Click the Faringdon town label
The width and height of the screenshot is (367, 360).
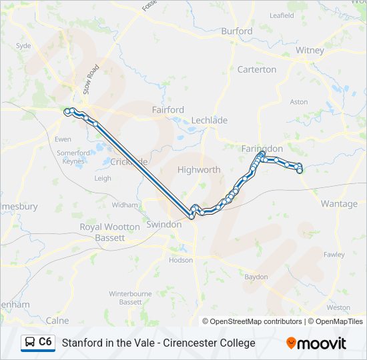click(262, 148)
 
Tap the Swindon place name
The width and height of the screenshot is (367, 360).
click(164, 225)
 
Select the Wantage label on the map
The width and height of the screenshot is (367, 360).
click(339, 204)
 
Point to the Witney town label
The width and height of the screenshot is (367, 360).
click(310, 50)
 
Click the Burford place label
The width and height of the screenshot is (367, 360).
click(237, 31)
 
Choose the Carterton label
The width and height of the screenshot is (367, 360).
click(256, 69)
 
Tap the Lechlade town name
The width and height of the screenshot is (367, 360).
click(210, 121)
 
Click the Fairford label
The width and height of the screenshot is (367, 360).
click(167, 109)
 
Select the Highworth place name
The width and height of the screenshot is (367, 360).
click(199, 170)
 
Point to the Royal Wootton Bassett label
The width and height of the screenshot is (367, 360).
click(110, 232)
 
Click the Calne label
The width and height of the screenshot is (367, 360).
click(57, 320)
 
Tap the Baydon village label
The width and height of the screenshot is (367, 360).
click(256, 277)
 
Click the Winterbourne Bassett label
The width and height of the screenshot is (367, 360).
click(130, 297)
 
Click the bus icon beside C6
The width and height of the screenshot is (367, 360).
click(30, 343)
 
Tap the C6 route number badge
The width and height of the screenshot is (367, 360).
click(45, 343)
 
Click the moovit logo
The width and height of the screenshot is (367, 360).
click(316, 343)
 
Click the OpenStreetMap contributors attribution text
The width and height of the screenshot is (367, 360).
click(252, 321)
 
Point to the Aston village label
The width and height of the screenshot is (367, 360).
click(299, 102)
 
